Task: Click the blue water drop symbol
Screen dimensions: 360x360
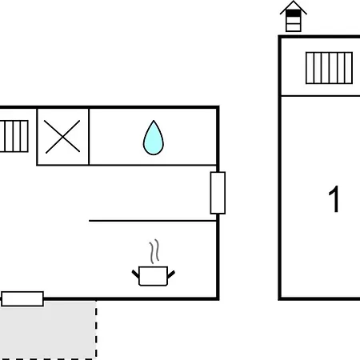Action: (154, 138)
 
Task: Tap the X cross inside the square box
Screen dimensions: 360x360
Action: (62, 137)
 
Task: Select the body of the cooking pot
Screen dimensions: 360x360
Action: (154, 276)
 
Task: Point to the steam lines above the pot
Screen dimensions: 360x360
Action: (154, 251)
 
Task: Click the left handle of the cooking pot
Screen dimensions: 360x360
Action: (135, 274)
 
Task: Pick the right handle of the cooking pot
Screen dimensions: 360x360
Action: (171, 274)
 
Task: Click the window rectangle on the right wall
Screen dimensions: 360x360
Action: (218, 193)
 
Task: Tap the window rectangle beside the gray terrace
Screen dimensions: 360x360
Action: (22, 298)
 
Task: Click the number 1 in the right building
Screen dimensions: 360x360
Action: (334, 199)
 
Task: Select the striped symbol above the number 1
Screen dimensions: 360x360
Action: (329, 68)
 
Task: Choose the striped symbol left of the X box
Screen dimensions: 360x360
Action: (14, 136)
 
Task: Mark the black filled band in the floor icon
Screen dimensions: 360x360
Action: (294, 14)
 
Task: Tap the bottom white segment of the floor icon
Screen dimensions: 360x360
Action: (294, 27)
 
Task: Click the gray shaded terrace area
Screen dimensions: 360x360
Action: (48, 330)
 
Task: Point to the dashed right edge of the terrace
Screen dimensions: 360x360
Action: (96, 330)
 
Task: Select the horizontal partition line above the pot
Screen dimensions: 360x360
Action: (153, 221)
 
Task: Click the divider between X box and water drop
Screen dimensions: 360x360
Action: (89, 137)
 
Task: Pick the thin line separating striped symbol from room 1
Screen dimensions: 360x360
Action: (321, 95)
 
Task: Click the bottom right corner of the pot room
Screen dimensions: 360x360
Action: (218, 298)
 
